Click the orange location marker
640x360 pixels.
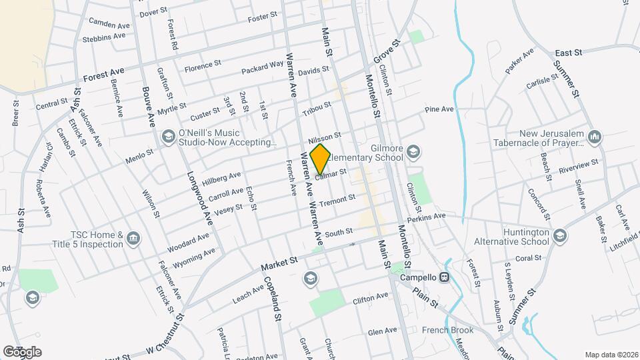click(320, 159)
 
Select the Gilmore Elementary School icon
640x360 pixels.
click(413, 152)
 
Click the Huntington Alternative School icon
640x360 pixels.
click(559, 235)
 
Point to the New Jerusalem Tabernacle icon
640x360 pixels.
click(595, 137)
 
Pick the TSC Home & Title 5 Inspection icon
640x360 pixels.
click(133, 239)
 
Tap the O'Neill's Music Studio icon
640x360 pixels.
click(168, 137)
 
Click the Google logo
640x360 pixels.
click(22, 351)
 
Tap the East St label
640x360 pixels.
click(569, 52)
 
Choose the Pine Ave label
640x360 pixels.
click(439, 109)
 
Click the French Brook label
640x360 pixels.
click(447, 330)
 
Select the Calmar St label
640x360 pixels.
click(331, 174)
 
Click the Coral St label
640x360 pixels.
click(527, 258)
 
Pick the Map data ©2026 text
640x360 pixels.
click(611, 355)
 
